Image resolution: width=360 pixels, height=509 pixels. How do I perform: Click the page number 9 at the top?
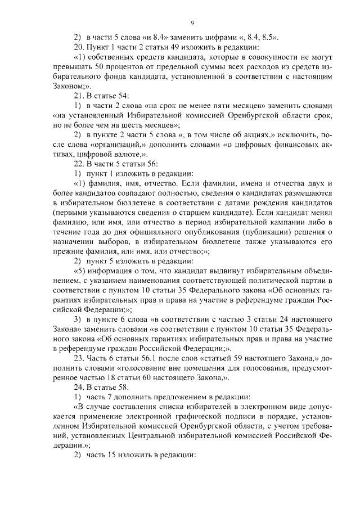pyautogui.click(x=192, y=22)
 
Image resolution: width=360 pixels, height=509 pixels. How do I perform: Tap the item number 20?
pyautogui.click(x=79, y=47)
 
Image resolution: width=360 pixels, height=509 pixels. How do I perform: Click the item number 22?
pyautogui.click(x=79, y=164)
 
